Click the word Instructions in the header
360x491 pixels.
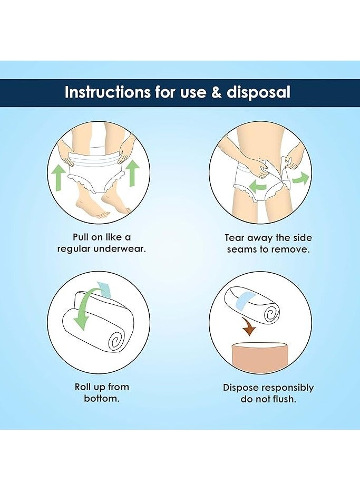107,92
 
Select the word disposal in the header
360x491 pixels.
258,93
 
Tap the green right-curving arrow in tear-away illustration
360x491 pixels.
300,178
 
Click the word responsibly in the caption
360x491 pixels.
288,388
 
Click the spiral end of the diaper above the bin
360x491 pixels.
271,314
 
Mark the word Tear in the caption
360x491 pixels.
235,238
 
